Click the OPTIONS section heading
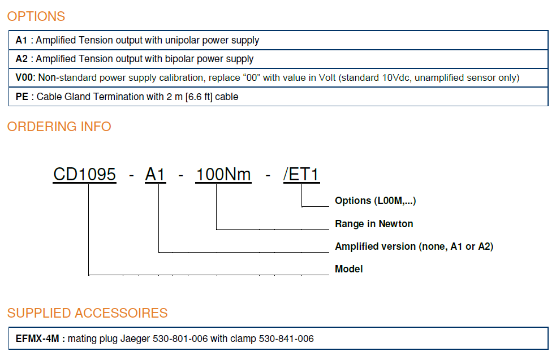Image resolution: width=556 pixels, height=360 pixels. pos(36,16)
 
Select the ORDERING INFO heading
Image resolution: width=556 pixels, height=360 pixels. pos(59,127)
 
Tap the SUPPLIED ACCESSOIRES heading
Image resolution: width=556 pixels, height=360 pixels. pos(88,313)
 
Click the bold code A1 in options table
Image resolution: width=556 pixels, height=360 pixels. pos(21,40)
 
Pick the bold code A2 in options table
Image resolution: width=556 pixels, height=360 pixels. pos(21,59)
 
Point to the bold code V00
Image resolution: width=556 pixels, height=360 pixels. pos(25,77)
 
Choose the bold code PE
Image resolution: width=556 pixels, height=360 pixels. pos(22,97)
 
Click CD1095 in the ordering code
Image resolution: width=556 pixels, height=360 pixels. pos(85,175)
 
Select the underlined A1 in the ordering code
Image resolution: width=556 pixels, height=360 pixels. pos(156,175)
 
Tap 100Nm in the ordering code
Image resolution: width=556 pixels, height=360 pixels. pos(223,175)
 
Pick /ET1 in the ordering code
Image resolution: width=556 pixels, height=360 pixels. pos(301,175)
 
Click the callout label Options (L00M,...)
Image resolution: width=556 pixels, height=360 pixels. pos(376,201)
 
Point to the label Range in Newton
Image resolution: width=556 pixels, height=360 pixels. pos(374,224)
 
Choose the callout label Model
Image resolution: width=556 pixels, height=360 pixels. pos(349,269)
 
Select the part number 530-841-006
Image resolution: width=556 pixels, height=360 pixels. pos(286,339)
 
